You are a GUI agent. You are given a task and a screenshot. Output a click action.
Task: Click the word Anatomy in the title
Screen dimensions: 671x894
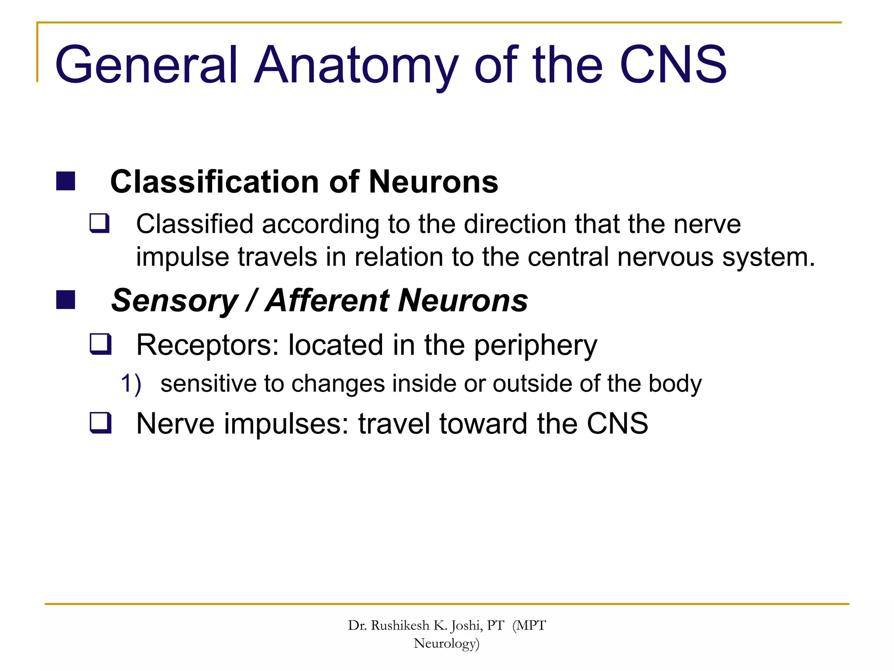356,66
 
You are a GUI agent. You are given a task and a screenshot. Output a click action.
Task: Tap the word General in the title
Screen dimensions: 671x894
146,66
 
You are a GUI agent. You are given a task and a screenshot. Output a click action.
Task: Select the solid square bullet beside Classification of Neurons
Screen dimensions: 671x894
65,181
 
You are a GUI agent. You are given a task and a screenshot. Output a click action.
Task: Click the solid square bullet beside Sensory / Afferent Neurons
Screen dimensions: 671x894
65,300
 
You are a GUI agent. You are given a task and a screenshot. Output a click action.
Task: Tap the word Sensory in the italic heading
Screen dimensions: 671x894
175,301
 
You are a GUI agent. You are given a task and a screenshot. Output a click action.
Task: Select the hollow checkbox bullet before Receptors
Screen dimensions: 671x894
100,344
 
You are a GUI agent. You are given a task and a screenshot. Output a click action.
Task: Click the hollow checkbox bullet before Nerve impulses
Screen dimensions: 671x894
100,423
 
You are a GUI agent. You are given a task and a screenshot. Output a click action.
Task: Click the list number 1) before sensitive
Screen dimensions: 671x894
131,384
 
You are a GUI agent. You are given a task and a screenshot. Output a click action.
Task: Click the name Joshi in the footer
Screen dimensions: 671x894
466,626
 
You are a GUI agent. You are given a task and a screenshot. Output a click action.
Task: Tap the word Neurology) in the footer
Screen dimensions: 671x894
447,643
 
